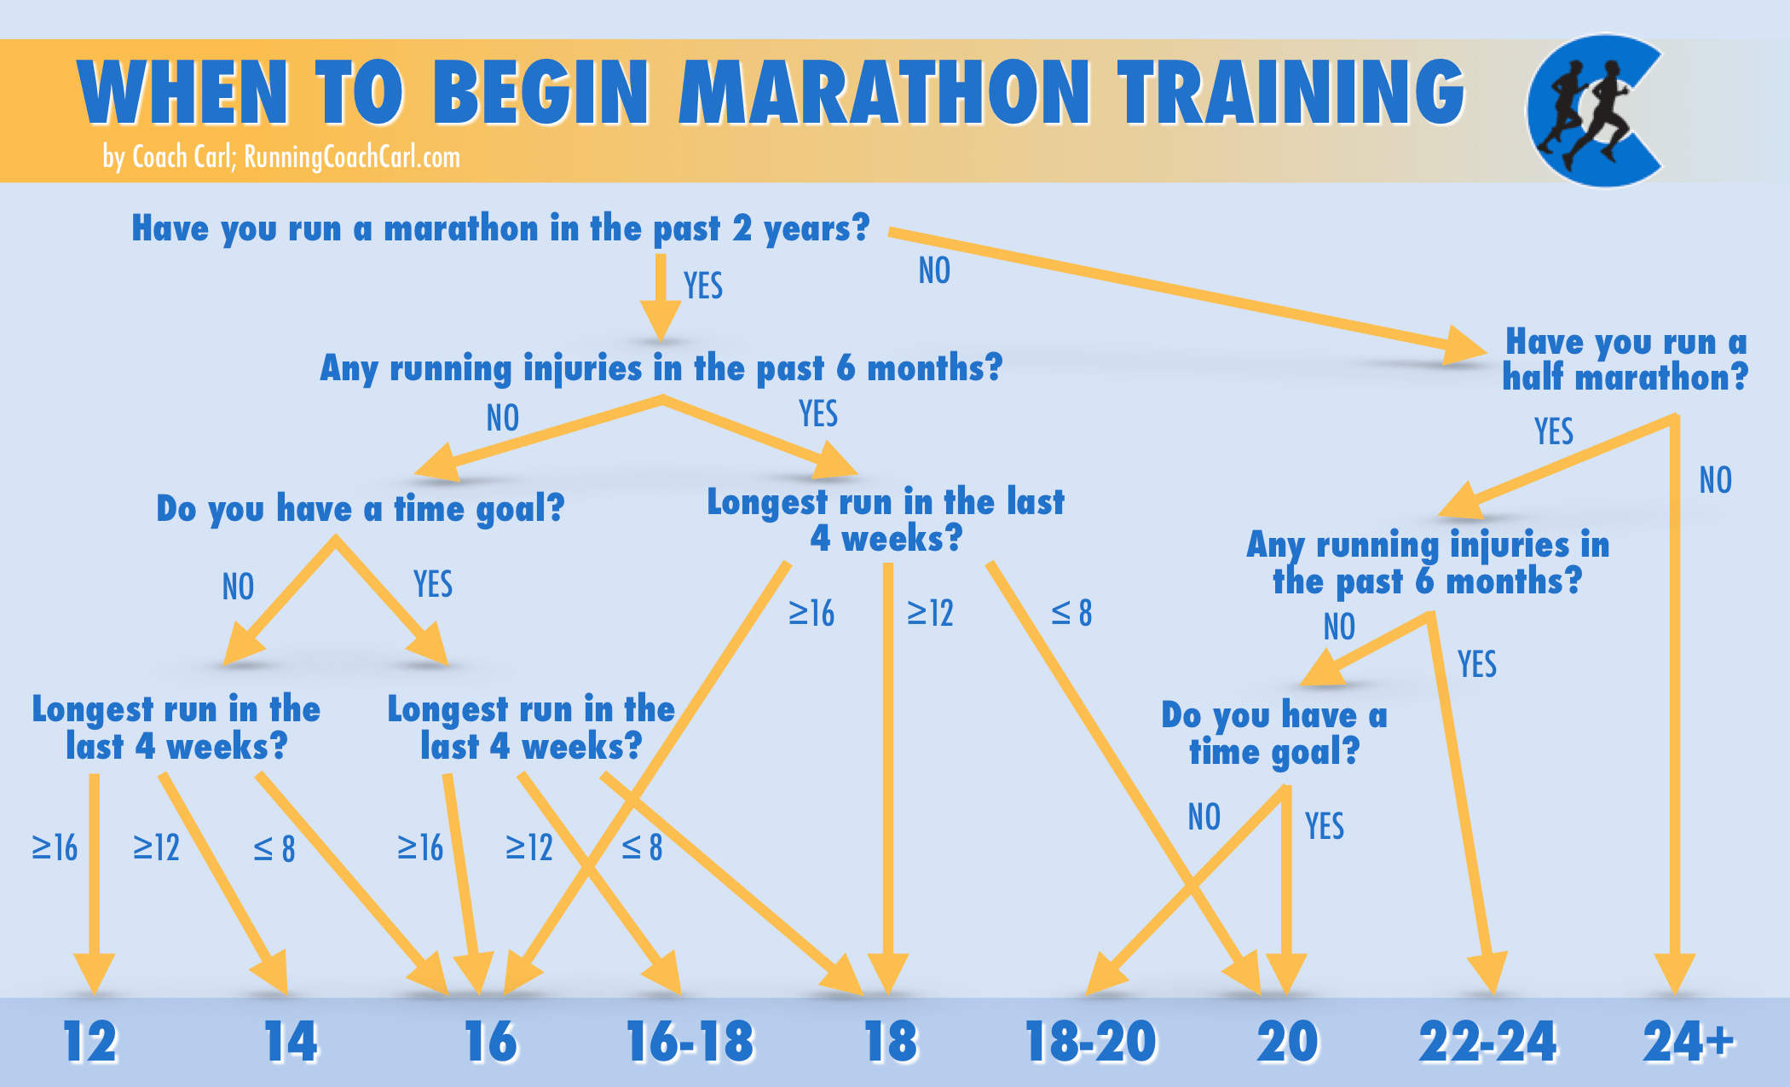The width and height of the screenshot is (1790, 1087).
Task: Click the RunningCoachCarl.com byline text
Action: click(281, 157)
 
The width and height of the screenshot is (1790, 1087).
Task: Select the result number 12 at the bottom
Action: click(89, 1042)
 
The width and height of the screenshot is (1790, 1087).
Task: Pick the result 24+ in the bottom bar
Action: click(1688, 1042)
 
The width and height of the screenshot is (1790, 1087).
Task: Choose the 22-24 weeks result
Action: click(1487, 1042)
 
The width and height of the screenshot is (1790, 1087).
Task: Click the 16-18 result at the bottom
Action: click(690, 1042)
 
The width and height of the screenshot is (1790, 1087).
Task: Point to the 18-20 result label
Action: click(1091, 1042)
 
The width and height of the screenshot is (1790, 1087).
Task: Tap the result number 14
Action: click(291, 1042)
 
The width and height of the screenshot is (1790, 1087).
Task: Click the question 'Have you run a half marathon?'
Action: click(1625, 359)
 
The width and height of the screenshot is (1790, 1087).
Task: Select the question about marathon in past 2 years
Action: click(500, 228)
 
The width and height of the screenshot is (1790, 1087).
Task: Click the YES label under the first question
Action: click(703, 286)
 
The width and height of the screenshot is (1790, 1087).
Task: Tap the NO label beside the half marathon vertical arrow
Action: click(1715, 480)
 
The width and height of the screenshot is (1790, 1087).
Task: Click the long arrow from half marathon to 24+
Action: click(1674, 699)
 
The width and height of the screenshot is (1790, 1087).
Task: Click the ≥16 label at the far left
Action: click(55, 847)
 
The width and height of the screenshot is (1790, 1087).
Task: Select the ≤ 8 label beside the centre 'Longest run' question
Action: click(1071, 612)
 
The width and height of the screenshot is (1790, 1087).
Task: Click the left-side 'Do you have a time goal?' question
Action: click(360, 509)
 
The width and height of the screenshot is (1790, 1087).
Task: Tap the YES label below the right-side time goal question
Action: click(1324, 825)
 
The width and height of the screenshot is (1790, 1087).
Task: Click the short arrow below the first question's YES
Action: click(661, 298)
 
